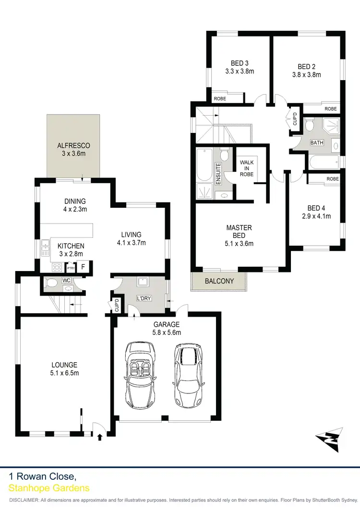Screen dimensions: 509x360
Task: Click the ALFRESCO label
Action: (73, 145)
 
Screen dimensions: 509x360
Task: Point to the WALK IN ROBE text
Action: (247, 168)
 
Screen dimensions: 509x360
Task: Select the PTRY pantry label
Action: (71, 268)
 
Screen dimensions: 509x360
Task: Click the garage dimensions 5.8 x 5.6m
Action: (166, 332)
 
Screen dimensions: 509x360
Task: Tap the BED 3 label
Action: (240, 63)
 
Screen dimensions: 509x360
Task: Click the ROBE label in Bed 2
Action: (331, 109)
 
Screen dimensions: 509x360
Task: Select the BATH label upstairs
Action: (316, 142)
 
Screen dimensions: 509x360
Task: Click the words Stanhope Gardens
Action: (49, 488)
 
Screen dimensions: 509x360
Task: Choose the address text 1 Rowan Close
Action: (42, 476)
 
